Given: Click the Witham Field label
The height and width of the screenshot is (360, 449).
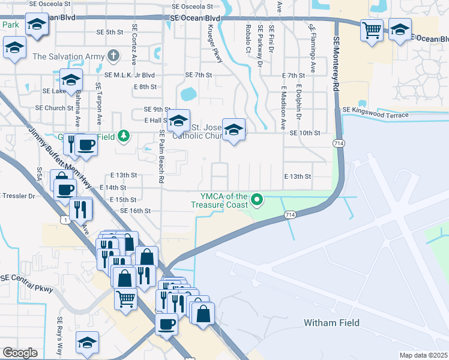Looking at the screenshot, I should pyautogui.click(x=331, y=323).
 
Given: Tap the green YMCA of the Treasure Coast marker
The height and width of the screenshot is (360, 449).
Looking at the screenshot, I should pyautogui.click(x=258, y=199).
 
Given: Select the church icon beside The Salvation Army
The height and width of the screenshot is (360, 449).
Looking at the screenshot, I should pyautogui.click(x=113, y=57).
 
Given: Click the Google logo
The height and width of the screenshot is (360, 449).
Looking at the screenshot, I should pyautogui.click(x=20, y=353).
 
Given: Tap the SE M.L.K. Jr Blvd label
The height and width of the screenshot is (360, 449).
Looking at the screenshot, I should pyautogui.click(x=129, y=75).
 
